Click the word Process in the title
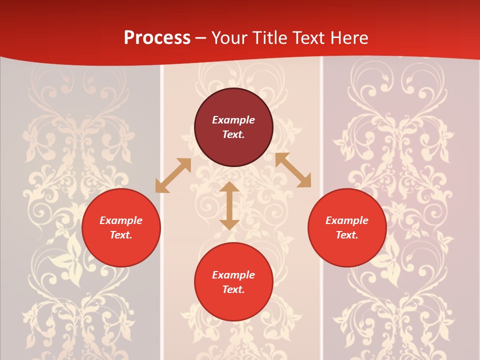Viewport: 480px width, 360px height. [157, 38]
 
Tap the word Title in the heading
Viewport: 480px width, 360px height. [272, 38]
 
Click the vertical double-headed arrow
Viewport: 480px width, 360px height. [229, 205]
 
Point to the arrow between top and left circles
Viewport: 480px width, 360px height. [173, 175]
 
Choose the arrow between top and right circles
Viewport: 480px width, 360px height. [293, 170]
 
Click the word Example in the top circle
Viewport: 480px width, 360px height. [233, 120]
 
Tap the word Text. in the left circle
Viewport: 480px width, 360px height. [121, 235]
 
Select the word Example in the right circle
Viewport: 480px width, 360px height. [347, 220]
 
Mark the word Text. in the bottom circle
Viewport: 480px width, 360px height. [233, 289]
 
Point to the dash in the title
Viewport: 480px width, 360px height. [201, 38]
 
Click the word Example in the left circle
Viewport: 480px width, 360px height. [121, 220]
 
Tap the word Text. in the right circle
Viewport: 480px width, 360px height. [347, 235]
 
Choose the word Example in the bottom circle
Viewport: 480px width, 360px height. [233, 275]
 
